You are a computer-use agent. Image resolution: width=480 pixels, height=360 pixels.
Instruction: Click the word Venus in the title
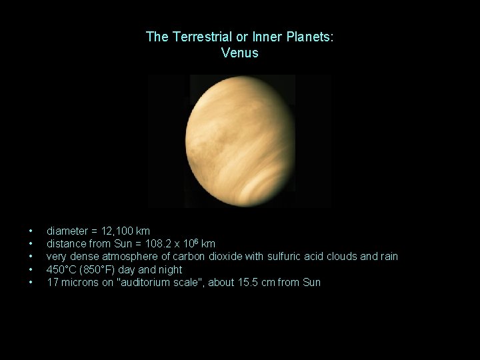tap(239, 53)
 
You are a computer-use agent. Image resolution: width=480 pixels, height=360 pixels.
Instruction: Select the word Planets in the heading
tap(311, 37)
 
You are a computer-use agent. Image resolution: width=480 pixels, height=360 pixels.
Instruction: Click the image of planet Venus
tap(240, 141)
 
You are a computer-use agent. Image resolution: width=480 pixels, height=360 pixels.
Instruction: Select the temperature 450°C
tap(62, 269)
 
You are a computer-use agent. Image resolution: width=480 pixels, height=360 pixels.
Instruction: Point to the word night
tap(169, 269)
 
